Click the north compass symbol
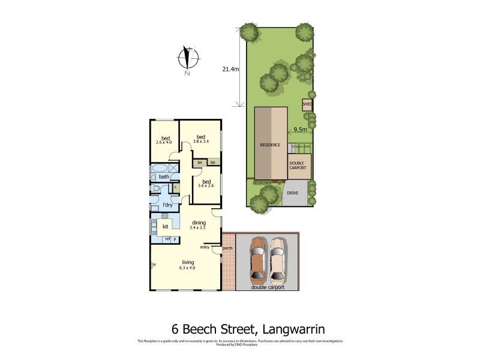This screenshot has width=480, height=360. click(x=187, y=59)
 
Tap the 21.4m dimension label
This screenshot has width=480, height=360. click(x=230, y=69)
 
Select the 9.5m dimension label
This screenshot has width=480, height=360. click(x=300, y=129)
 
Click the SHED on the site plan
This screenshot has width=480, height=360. click(x=307, y=104)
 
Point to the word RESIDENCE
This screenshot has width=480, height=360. click(x=270, y=145)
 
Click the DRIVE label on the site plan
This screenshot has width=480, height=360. click(x=292, y=193)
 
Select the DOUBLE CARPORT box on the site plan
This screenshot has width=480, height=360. click(x=298, y=165)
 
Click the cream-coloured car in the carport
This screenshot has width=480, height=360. click(x=277, y=260)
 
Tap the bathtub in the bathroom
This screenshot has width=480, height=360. click(x=160, y=168)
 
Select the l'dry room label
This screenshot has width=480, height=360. click(x=169, y=205)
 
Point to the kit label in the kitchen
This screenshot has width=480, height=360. click(x=165, y=227)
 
